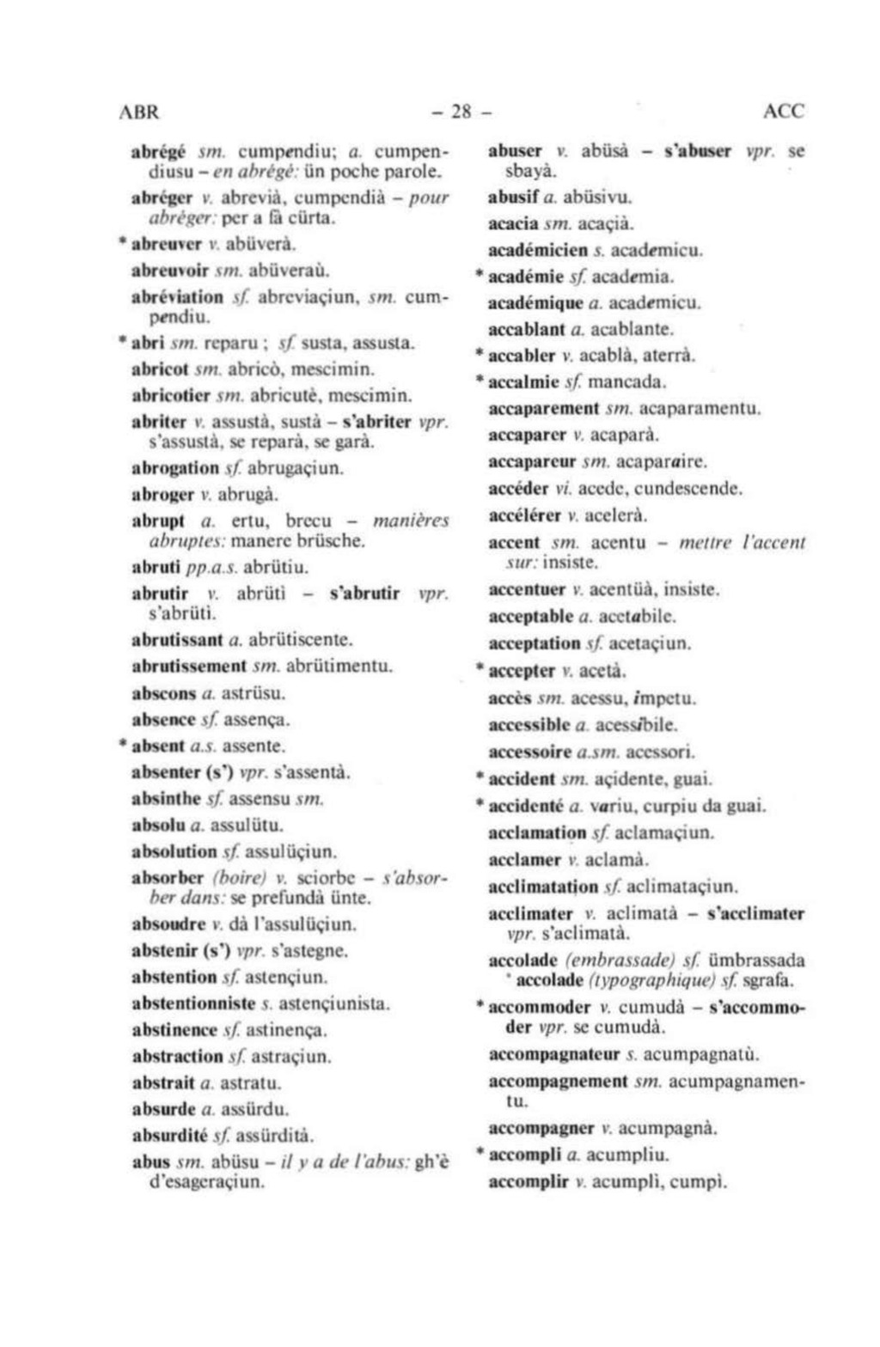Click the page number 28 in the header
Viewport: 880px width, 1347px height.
tap(461, 112)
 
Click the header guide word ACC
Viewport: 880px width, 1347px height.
tap(783, 112)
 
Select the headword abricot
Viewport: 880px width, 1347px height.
tap(161, 369)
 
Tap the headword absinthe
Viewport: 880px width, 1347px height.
tap(166, 799)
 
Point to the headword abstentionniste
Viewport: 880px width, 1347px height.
tap(193, 1003)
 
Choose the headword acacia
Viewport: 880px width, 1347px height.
tap(512, 224)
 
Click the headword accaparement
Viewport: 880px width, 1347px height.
tap(543, 409)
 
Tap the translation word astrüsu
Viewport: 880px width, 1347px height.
tap(254, 692)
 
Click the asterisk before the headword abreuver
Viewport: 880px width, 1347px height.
tap(125, 243)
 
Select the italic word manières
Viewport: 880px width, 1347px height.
tap(411, 521)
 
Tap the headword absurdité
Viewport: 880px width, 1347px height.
tap(170, 1136)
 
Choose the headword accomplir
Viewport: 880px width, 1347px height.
tap(529, 1182)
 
